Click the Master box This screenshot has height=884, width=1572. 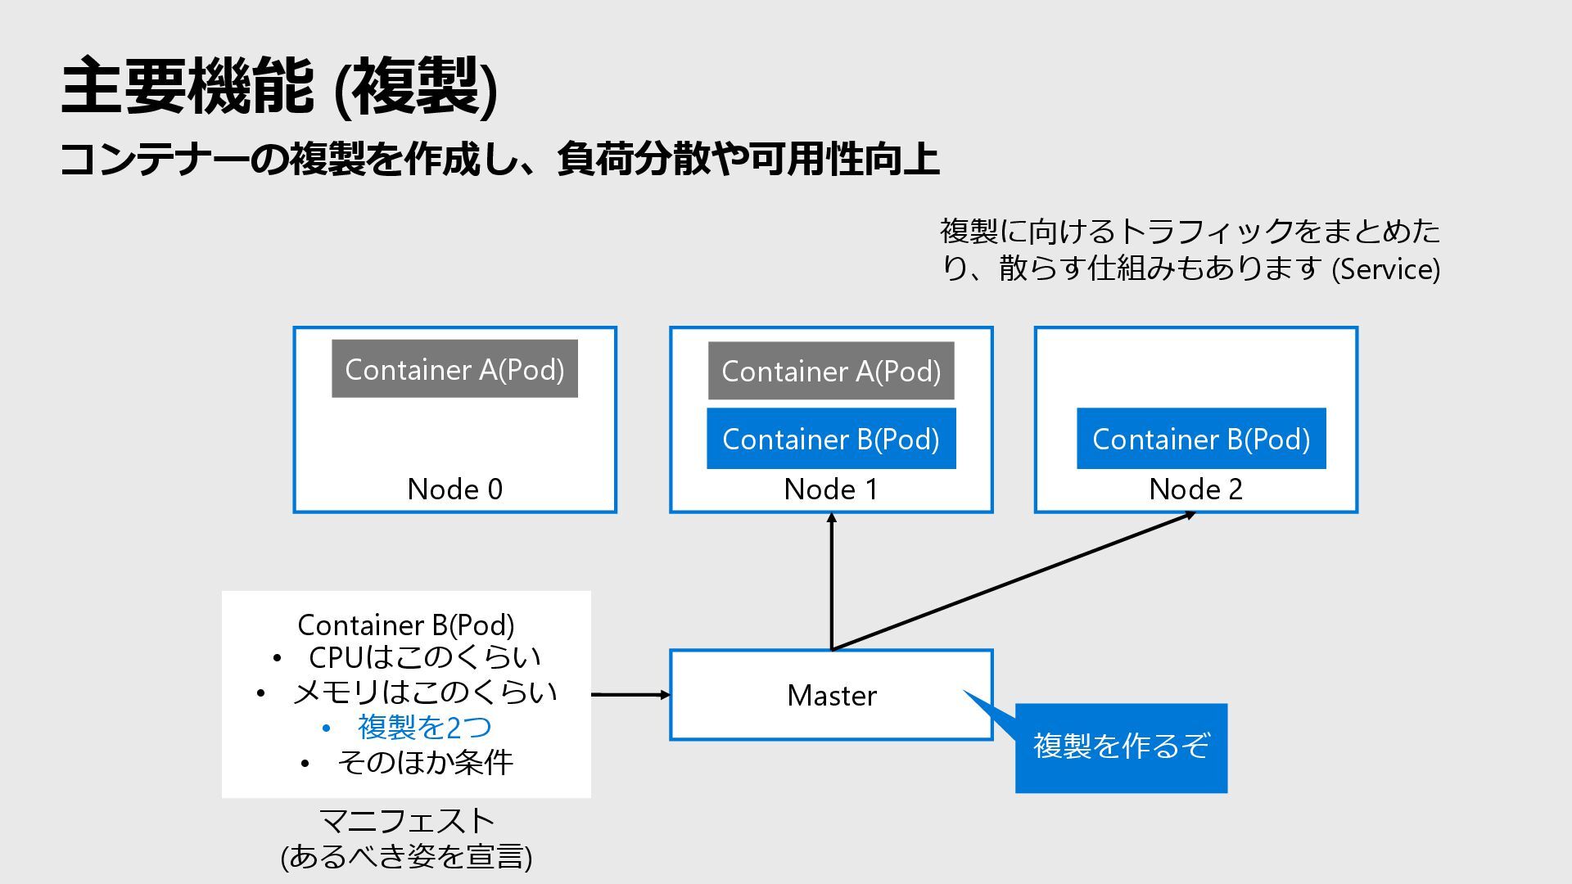tap(831, 695)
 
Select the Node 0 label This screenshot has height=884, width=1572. tap(454, 489)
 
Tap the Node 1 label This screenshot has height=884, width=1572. tap(831, 489)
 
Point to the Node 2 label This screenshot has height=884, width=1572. tap(1195, 489)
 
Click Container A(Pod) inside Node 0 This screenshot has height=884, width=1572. tap(454, 369)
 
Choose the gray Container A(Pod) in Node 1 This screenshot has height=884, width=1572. tap(831, 371)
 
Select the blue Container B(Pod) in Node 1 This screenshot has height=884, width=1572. tap(831, 439)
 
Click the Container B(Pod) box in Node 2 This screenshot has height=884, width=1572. tap(1201, 439)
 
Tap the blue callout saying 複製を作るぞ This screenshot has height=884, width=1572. tap(1121, 747)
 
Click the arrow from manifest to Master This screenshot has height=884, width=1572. tap(631, 695)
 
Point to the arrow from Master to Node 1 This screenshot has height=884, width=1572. tap(831, 581)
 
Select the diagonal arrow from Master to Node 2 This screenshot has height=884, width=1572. tap(1014, 581)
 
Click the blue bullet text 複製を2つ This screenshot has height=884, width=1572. tap(424, 727)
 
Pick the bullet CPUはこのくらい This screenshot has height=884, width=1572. tap(425, 657)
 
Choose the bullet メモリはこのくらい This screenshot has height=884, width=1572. tap(425, 692)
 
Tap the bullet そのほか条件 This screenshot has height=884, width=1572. tap(425, 762)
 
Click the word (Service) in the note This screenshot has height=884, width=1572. tap(1386, 268)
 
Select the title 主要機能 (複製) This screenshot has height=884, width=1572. tap(279, 87)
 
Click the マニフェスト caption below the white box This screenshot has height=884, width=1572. tap(406, 821)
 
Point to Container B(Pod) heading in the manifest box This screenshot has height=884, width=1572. tap(406, 625)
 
